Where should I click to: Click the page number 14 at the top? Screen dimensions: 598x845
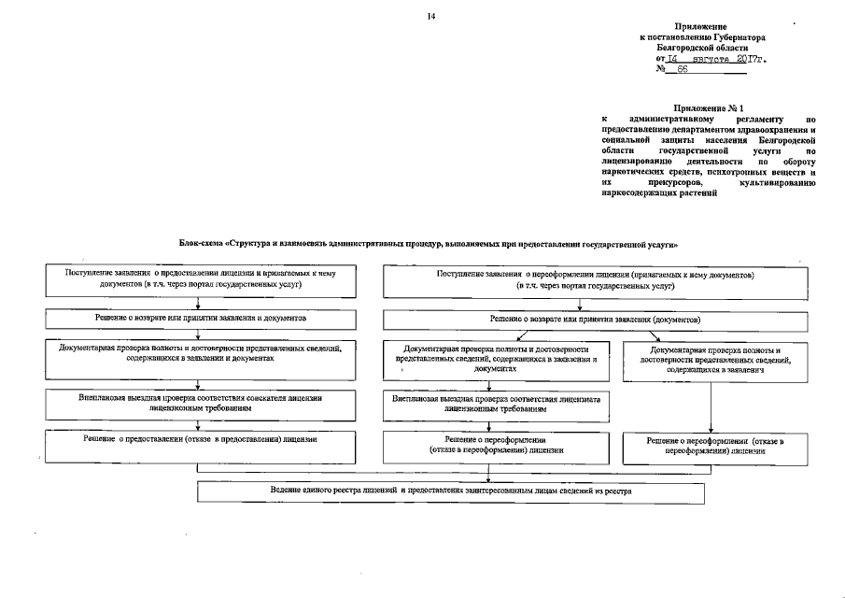click(x=430, y=16)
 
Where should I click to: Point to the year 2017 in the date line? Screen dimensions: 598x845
click(x=739, y=58)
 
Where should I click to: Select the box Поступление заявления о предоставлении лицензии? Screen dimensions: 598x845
click(x=200, y=278)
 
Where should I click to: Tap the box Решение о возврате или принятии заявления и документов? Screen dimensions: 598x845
click(x=200, y=319)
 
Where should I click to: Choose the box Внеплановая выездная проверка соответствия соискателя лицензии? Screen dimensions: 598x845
click(x=200, y=403)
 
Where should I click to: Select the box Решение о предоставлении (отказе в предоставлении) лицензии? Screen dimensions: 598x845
click(x=200, y=445)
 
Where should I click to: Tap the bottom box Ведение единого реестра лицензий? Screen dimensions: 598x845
click(x=451, y=491)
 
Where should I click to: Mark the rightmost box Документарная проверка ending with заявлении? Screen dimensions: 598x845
click(x=715, y=360)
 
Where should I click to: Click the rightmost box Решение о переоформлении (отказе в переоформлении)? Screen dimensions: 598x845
click(x=715, y=445)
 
